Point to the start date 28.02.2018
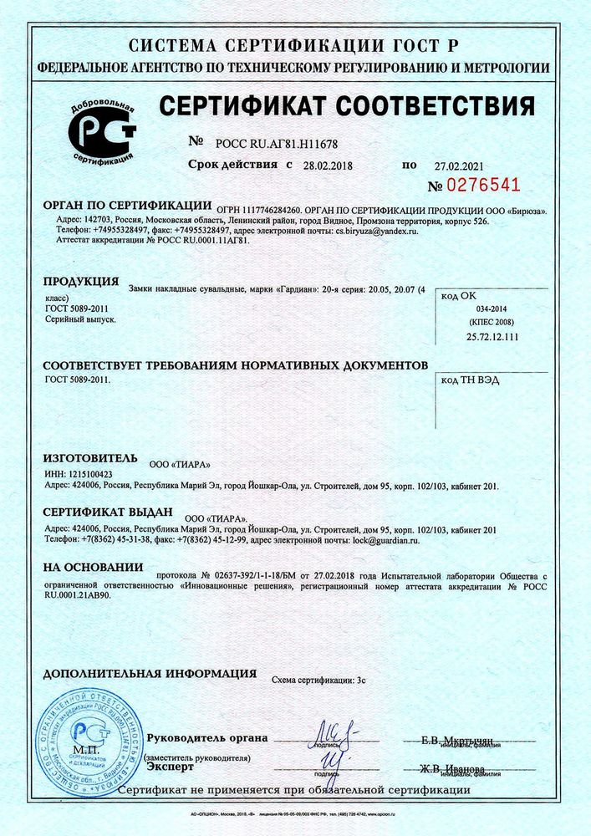pos(329,166)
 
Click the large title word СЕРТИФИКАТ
pos(252,107)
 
